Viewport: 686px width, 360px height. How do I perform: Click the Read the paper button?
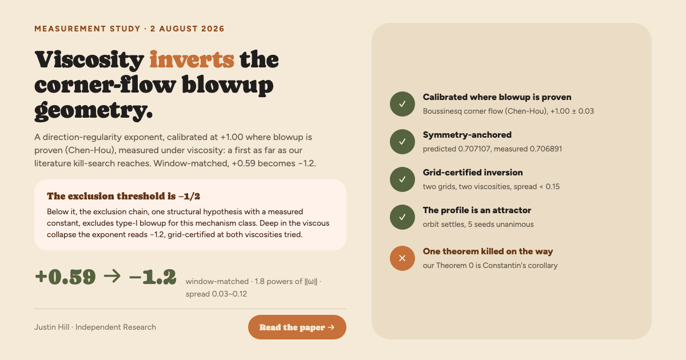pos(297,327)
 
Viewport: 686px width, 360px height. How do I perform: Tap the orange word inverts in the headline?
pos(192,59)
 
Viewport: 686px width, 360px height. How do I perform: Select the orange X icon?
pos(402,258)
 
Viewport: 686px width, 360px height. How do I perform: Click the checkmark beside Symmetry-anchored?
pos(402,142)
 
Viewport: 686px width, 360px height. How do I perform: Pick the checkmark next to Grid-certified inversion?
pos(402,179)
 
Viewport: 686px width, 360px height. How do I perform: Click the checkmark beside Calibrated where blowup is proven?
pos(402,104)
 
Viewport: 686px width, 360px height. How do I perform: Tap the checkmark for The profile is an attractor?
pos(402,217)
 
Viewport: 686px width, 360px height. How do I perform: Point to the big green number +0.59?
pos(65,277)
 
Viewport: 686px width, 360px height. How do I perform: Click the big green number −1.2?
pos(153,277)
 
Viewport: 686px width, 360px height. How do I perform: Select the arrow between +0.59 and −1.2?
pos(112,276)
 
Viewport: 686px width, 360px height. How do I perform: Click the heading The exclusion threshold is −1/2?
pos(123,196)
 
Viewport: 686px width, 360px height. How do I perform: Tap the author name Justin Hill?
pos(52,327)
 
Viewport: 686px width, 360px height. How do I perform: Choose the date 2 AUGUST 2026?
pos(187,29)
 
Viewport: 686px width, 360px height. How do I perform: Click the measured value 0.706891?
pos(546,149)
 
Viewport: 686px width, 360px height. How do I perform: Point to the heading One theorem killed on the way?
pos(488,251)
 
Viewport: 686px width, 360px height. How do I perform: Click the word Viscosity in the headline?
pos(89,60)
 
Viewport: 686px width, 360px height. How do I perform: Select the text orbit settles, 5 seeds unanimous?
pos(478,225)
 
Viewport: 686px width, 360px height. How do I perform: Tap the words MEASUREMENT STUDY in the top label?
pos(87,29)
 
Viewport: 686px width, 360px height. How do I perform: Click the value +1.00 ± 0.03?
pos(572,111)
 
